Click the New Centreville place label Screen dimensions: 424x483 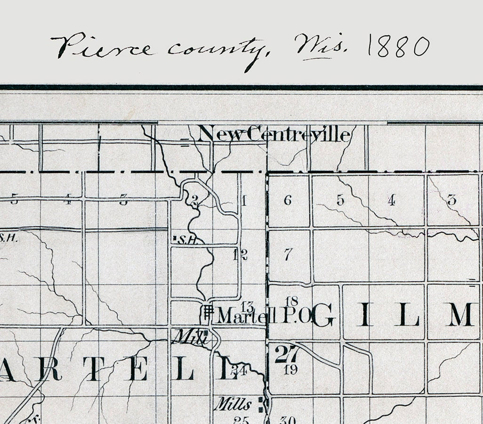click(274, 135)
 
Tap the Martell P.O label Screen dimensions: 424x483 click(264, 315)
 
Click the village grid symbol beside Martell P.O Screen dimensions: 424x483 click(208, 312)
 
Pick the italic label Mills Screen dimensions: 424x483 click(233, 404)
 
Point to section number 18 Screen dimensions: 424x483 click(292, 301)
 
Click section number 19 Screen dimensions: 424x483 click(291, 369)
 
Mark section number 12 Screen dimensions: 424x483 click(240, 255)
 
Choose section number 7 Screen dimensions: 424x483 click(288, 255)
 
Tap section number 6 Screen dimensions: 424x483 click(288, 200)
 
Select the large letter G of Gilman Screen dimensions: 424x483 click(323, 315)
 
